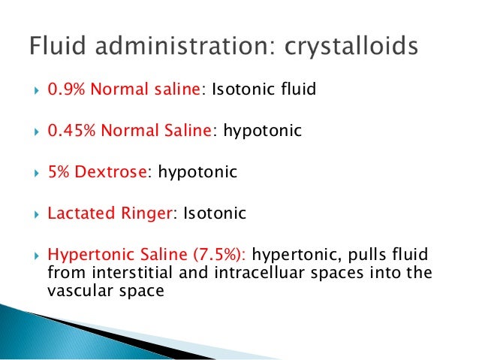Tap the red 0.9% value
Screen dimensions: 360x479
click(x=66, y=90)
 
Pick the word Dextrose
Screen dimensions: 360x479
click(x=110, y=172)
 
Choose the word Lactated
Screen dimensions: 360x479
click(x=77, y=213)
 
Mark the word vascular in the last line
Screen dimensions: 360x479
click(x=74, y=289)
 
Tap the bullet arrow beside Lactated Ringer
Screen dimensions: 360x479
click(x=32, y=213)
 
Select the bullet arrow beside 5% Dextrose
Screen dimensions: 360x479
click(x=32, y=173)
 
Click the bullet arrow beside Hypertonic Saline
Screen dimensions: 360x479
click(x=32, y=255)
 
